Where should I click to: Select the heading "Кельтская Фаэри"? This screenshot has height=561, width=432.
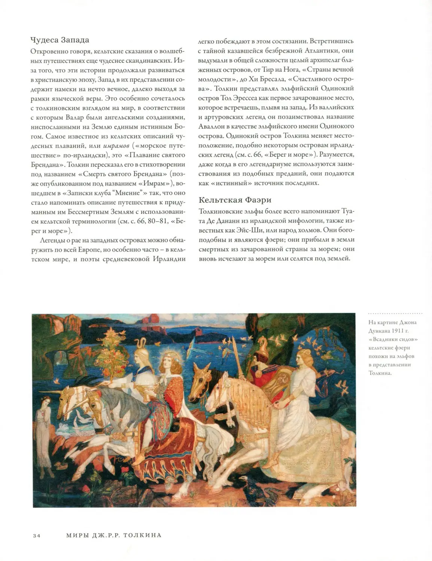pyautogui.click(x=235, y=200)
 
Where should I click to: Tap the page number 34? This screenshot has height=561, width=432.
pyautogui.click(x=36, y=536)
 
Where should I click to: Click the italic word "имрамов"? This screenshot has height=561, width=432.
pyautogui.click(x=116, y=145)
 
